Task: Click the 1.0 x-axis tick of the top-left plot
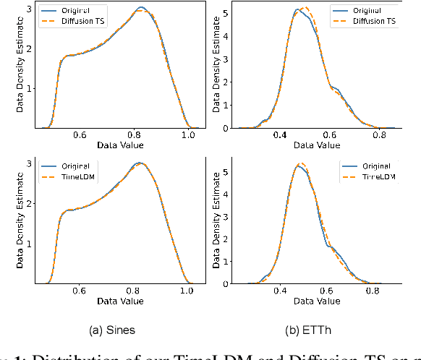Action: pyautogui.click(x=188, y=135)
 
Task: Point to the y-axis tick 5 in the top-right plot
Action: pyautogui.click(x=226, y=12)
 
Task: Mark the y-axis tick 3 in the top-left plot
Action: pyautogui.click(x=28, y=9)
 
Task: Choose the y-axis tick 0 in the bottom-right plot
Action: pyautogui.click(x=226, y=284)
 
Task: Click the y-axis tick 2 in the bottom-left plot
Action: pyautogui.click(x=28, y=203)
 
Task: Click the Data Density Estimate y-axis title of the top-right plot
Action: pyautogui.click(x=215, y=65)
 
